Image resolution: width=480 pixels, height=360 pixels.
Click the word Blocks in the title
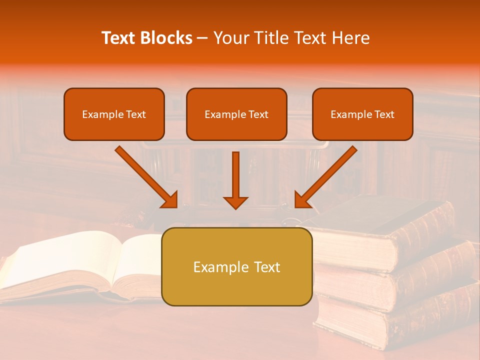(x=166, y=38)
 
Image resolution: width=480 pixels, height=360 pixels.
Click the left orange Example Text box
(x=114, y=114)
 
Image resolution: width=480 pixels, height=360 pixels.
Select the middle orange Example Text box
(x=236, y=114)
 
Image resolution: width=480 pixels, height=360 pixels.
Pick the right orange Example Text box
(x=362, y=114)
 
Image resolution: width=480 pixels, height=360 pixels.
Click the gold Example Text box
(x=236, y=267)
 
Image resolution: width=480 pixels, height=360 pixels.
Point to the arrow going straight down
(x=235, y=177)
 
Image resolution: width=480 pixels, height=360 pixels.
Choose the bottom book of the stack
(x=400, y=320)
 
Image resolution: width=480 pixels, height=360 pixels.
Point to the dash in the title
(x=202, y=38)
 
